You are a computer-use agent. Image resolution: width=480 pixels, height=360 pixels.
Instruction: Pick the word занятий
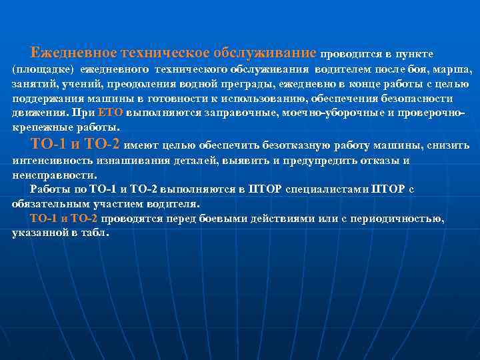pyautogui.click(x=30, y=85)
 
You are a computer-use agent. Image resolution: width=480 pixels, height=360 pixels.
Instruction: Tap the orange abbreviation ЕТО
pyautogui.click(x=110, y=113)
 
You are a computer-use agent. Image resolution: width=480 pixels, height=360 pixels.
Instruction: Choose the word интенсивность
pyautogui.click(x=52, y=161)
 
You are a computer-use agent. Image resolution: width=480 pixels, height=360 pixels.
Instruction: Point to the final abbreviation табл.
pyautogui.click(x=97, y=233)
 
